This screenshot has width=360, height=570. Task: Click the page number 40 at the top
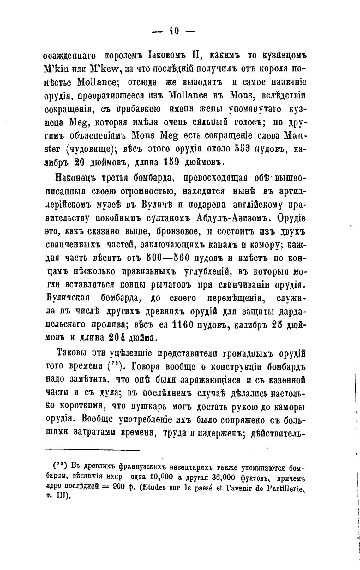tap(174, 31)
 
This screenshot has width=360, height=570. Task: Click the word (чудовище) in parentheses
tap(93, 149)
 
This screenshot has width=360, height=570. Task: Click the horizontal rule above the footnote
tap(92, 450)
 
